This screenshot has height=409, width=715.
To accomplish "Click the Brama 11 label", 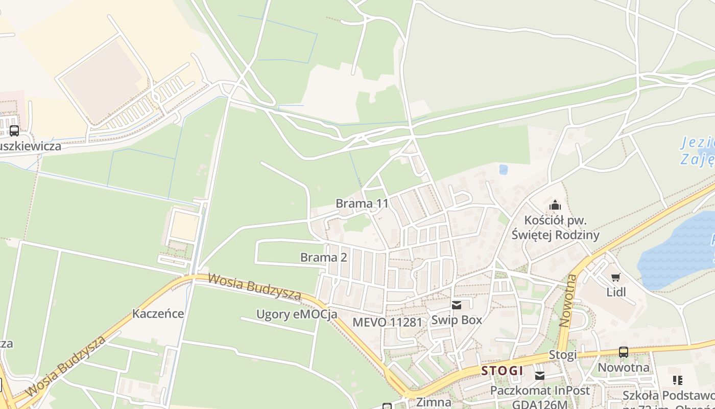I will point(362,203).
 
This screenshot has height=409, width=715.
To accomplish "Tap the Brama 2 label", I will point(323,257).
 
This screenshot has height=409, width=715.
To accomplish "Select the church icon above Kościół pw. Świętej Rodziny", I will point(555,206).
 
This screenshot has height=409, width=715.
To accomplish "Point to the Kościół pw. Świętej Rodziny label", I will point(555,228).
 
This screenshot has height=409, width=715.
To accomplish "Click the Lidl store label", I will point(616,292).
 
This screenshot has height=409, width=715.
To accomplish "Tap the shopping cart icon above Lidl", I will point(616,278).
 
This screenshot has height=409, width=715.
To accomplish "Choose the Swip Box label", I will point(457,320).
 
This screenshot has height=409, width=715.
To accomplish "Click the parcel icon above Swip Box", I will point(457,305).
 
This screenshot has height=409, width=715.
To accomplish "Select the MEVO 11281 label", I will point(388,322).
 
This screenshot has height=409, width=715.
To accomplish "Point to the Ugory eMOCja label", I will point(297,314).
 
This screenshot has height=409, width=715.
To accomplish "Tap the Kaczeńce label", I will point(158,313).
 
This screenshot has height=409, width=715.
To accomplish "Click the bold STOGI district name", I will point(502,371).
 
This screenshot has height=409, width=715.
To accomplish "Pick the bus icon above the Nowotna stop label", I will point(623,352).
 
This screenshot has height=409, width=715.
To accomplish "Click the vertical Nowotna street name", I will point(568,301).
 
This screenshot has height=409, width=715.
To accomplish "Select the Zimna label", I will point(434,402).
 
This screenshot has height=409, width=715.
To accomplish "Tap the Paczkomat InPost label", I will point(540,391).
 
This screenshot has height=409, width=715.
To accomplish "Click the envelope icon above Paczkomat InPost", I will point(540,376).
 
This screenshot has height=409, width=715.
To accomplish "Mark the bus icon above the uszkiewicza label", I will point(14,131).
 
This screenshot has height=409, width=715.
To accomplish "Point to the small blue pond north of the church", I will point(503,169).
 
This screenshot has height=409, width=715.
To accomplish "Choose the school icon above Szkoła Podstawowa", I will point(678,380).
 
